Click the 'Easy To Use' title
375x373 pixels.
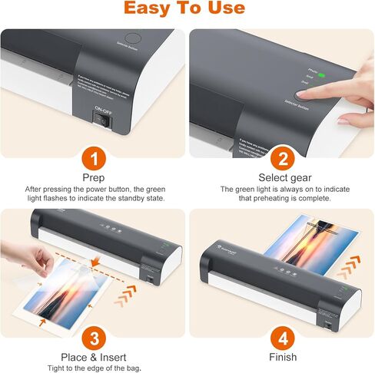point(187,9)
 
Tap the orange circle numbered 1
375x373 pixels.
point(93,160)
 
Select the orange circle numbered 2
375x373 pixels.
point(282,160)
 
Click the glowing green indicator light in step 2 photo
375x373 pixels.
point(321,75)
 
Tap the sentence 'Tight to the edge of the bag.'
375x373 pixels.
point(93,368)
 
